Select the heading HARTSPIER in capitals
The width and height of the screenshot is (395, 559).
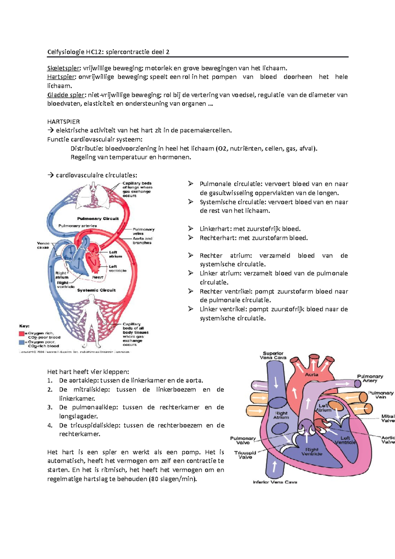pos(64,121)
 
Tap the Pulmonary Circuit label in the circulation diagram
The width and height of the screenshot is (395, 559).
pos(98,219)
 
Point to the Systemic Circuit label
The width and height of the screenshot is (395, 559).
pos(96,290)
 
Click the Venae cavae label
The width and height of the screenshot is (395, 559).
pos(43,245)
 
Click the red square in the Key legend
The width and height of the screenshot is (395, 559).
pos(22,333)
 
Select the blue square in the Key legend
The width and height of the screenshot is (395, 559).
pos(22,342)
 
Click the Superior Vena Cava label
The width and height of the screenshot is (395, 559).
pos(273,355)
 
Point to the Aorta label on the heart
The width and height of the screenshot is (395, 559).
pos(311,375)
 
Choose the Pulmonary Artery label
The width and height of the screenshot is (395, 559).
pos(370,378)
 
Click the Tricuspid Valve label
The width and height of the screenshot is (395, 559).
pos(245,455)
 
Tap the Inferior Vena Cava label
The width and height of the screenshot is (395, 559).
pos(275,482)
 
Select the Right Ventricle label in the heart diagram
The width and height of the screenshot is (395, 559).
pos(312,452)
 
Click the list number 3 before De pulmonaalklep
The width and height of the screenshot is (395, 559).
pos(50,407)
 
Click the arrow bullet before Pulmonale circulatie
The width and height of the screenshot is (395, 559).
pos(191,184)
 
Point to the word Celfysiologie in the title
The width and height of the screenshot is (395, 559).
pos(66,52)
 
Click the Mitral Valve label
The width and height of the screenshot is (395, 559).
pos(388,418)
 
